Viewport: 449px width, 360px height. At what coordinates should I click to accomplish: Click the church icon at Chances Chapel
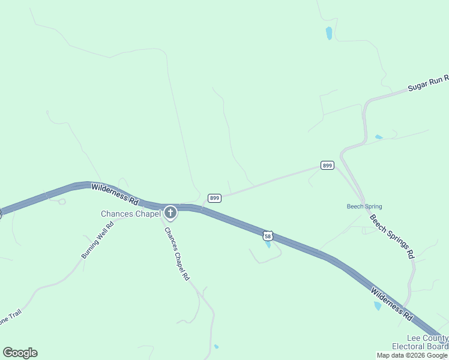[x=170, y=212]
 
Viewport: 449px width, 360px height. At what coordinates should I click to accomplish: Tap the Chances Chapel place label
[x=130, y=214]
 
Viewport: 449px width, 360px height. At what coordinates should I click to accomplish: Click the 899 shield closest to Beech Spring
[x=327, y=166]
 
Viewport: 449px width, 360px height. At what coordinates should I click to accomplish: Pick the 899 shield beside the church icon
[x=215, y=198]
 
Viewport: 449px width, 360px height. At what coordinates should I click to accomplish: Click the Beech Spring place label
[x=364, y=207]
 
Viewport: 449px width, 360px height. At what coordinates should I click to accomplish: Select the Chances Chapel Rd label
[x=177, y=254]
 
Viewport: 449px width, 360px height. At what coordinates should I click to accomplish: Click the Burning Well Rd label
[x=98, y=241]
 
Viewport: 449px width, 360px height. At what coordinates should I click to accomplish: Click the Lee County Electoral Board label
[x=420, y=342]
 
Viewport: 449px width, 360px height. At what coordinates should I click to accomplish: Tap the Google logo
[x=20, y=353]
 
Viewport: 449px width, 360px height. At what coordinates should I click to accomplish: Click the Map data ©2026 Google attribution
[x=412, y=355]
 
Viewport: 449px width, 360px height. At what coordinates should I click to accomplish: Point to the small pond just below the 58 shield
[x=268, y=244]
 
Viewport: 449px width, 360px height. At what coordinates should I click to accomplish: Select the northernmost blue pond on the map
[x=329, y=33]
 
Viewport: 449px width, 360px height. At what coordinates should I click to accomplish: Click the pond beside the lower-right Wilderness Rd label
[x=378, y=306]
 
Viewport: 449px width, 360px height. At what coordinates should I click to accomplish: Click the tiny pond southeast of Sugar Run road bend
[x=379, y=137]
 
